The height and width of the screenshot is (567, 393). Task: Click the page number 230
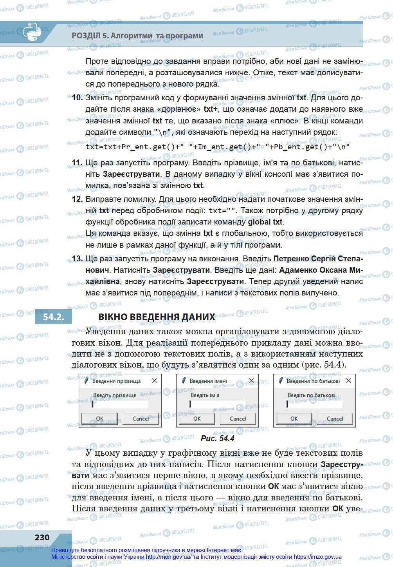tap(42, 537)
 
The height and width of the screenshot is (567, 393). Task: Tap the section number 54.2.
tap(54, 317)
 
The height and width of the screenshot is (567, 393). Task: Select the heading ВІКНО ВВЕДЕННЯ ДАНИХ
tap(157, 317)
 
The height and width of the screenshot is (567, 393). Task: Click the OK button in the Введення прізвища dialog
tap(100, 418)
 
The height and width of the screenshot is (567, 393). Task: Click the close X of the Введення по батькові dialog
tap(348, 380)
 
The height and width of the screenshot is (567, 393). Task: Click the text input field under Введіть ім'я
tap(217, 404)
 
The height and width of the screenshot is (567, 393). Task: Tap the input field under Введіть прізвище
tap(120, 404)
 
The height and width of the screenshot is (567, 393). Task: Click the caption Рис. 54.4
tap(217, 438)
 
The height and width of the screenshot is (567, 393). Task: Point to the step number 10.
tap(77, 98)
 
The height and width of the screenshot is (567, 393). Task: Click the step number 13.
tap(77, 259)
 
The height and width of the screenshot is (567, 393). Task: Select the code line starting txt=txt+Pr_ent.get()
tap(217, 147)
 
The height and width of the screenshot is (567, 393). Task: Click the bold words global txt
tap(265, 222)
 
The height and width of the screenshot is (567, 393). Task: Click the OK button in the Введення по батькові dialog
tap(294, 418)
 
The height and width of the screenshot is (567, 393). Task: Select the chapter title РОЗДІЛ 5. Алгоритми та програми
tap(137, 36)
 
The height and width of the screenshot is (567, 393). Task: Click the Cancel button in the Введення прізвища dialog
tap(141, 418)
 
